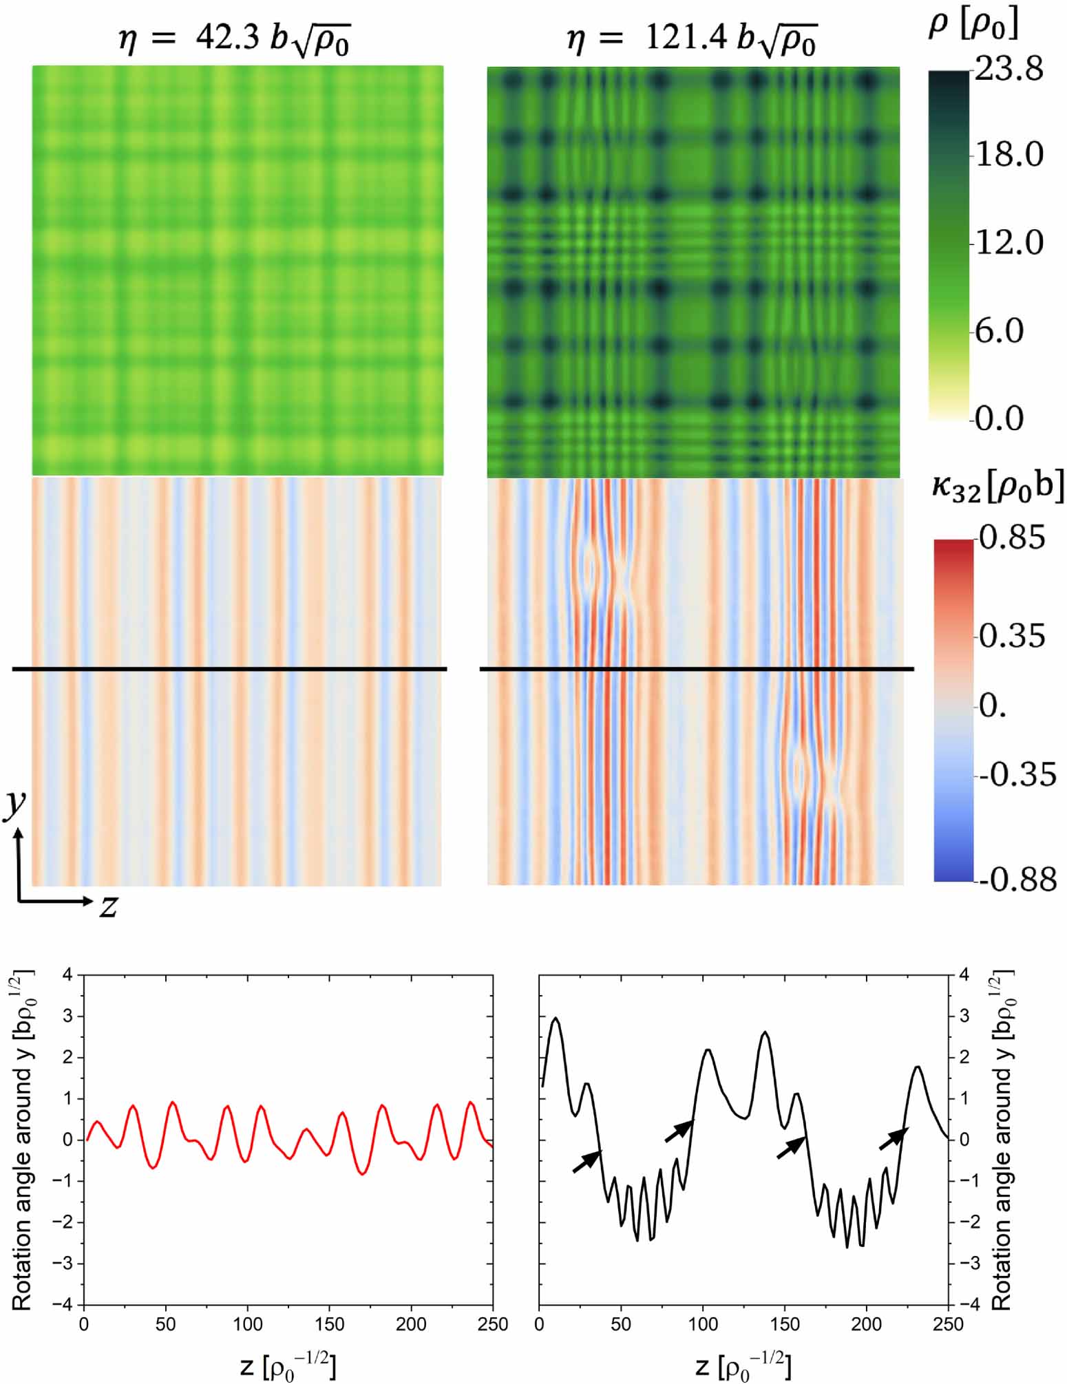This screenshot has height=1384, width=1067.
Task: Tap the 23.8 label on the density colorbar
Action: tap(1009, 70)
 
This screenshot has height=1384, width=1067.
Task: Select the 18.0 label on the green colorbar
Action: tap(1009, 155)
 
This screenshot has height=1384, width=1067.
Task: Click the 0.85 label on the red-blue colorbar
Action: tap(1012, 537)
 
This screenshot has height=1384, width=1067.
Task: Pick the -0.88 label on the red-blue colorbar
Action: tap(1017, 880)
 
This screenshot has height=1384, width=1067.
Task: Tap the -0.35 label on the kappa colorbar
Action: tap(1017, 775)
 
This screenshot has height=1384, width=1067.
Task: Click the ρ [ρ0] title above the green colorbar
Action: tap(973, 26)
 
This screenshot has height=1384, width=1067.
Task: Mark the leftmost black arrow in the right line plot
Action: tap(587, 1161)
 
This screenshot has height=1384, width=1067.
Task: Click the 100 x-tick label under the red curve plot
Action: tap(247, 1323)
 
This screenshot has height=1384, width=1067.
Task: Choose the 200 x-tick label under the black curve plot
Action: tap(867, 1323)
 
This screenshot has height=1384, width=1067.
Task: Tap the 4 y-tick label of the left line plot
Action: tap(67, 975)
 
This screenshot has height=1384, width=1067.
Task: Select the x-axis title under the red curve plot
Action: tap(288, 1365)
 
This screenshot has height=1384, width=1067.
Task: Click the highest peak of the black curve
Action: tap(556, 1018)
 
